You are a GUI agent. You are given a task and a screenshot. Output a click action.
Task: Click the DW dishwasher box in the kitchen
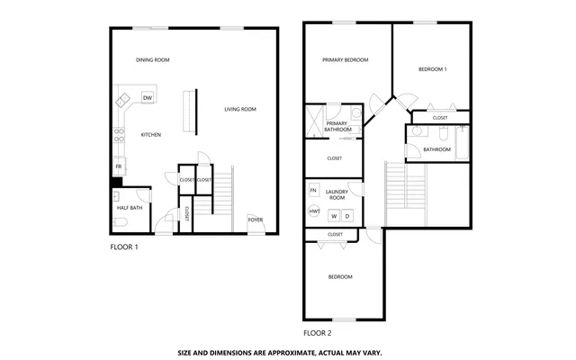tap(148, 97)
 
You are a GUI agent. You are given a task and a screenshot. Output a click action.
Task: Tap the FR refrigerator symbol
tap(118, 166)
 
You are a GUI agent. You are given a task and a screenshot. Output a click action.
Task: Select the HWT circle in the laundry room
tap(314, 211)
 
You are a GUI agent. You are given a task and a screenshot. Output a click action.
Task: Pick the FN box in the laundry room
tap(313, 191)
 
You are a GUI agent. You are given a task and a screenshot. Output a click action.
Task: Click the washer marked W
tap(334, 216)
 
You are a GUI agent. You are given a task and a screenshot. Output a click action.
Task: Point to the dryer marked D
tap(346, 216)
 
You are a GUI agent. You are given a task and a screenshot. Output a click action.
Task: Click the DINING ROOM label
tap(152, 60)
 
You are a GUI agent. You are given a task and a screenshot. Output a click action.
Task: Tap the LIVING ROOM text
tap(240, 110)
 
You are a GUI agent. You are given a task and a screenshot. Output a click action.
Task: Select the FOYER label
tap(255, 219)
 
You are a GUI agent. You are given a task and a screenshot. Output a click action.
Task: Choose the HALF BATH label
tap(129, 208)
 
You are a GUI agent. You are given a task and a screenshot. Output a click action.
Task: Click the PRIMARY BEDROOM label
tap(346, 60)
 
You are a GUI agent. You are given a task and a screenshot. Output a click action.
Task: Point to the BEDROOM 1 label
tap(432, 69)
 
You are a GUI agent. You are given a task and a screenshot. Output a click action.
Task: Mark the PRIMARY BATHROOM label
tap(337, 127)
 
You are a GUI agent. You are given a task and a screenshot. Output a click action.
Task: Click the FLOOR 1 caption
tap(124, 246)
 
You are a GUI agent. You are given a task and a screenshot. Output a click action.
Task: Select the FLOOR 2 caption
tap(318, 332)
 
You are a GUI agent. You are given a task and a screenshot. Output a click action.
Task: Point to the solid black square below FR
tap(116, 183)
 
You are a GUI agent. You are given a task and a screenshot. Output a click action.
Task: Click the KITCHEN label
tap(150, 135)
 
